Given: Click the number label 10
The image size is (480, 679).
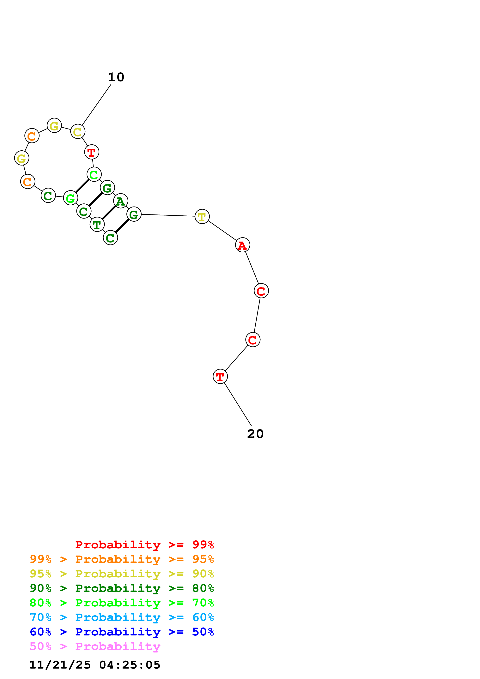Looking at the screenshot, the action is click(x=116, y=77).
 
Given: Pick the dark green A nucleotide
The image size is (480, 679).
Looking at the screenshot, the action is click(x=120, y=201).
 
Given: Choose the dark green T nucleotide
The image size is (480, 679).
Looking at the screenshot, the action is click(x=97, y=225).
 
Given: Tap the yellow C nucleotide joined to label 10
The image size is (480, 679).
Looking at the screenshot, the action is click(x=78, y=132).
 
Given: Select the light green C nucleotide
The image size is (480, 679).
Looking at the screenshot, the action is click(x=94, y=174).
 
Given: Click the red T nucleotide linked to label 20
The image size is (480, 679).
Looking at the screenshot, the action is click(x=220, y=376).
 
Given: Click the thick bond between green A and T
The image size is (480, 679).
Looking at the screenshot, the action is click(x=109, y=213).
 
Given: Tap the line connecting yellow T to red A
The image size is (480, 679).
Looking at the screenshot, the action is click(x=222, y=231).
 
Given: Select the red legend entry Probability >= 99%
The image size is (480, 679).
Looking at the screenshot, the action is click(x=144, y=544).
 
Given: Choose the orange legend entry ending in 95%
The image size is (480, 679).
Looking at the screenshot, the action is click(x=122, y=559).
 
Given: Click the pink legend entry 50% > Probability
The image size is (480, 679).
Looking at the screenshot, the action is click(x=95, y=646).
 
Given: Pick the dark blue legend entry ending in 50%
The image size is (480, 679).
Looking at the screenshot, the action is click(x=122, y=632).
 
